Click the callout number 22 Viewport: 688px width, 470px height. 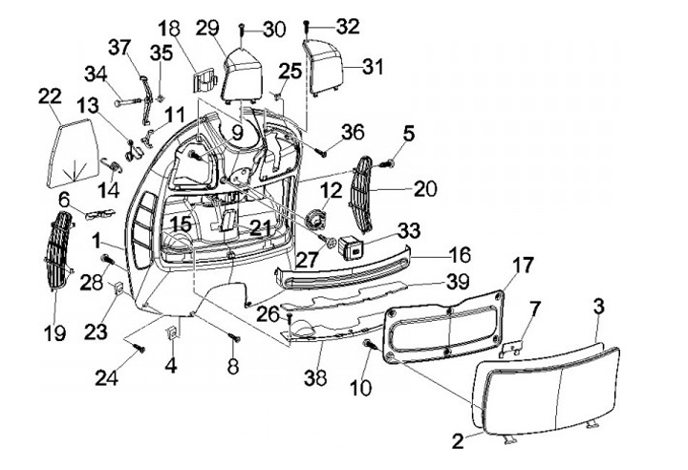(x=50, y=96)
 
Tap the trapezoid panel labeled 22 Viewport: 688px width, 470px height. (x=73, y=152)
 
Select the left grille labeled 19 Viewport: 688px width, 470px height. (x=59, y=251)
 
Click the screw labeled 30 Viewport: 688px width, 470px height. (x=242, y=36)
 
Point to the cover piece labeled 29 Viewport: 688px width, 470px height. (x=242, y=75)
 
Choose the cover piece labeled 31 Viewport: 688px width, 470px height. (x=323, y=67)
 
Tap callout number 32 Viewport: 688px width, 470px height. (x=348, y=27)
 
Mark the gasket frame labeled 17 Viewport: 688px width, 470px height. (x=443, y=327)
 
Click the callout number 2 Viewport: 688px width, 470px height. (x=458, y=441)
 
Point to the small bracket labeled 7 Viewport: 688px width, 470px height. (x=511, y=347)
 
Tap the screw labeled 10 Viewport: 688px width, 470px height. (x=371, y=345)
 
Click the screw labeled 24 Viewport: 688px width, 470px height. (x=140, y=349)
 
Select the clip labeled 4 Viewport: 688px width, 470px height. (x=173, y=333)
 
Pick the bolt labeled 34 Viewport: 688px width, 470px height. (x=128, y=102)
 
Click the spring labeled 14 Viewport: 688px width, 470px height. (x=111, y=164)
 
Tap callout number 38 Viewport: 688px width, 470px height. (x=315, y=378)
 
